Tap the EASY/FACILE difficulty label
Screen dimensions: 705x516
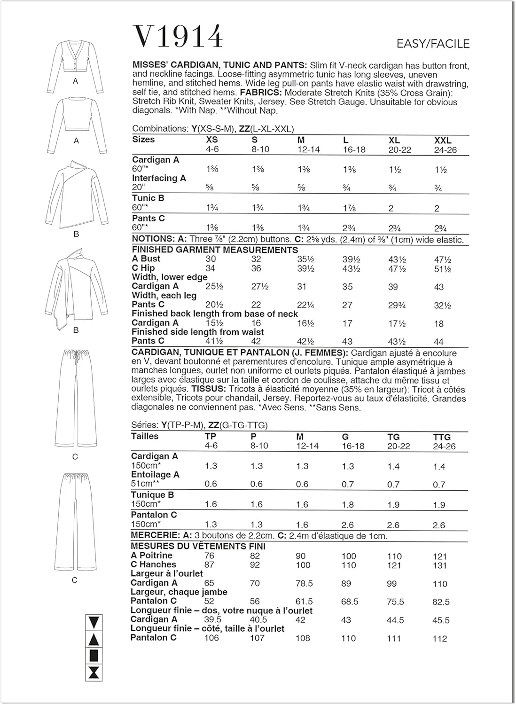coord(433,44)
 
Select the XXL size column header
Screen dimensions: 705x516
coord(443,141)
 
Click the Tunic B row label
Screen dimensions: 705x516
coord(148,198)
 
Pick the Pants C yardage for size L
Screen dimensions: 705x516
coord(348,228)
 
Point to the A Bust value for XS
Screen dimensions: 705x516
coord(211,259)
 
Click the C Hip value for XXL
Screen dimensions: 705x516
coord(443,269)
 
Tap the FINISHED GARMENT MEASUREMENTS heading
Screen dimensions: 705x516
coord(215,250)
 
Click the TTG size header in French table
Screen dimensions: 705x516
coord(442,437)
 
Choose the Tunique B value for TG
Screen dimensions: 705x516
coord(393,505)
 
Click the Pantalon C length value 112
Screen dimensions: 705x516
coord(439,639)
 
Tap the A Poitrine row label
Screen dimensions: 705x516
coord(151,556)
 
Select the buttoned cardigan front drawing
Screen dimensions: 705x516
coord(75,59)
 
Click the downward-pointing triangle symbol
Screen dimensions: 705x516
coord(94,623)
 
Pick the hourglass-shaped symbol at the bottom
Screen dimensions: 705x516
coord(94,673)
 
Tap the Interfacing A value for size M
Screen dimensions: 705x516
coord(301,188)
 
